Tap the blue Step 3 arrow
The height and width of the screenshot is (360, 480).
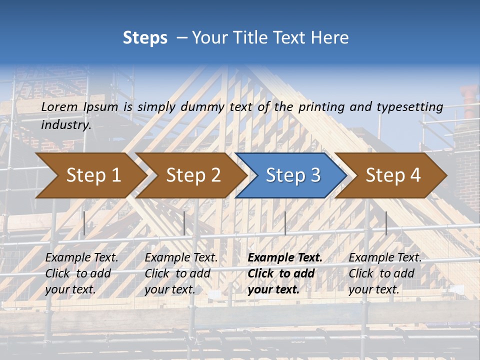coord(292,175)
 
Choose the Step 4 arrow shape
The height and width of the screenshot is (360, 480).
coord(392,175)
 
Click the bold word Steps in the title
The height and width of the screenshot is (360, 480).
coord(145,38)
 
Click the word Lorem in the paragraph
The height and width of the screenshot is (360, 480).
coord(59,106)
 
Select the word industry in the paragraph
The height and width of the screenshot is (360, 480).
coord(65,125)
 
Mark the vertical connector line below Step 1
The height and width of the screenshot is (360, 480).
coord(84,223)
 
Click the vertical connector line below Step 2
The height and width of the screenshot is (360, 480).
coord(184,223)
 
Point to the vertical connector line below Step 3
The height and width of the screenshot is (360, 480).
coord(285,223)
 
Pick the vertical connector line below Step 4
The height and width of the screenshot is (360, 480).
coord(386,223)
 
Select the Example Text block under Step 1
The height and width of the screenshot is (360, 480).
coord(81,273)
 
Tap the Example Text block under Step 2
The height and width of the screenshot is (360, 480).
coord(181,273)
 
